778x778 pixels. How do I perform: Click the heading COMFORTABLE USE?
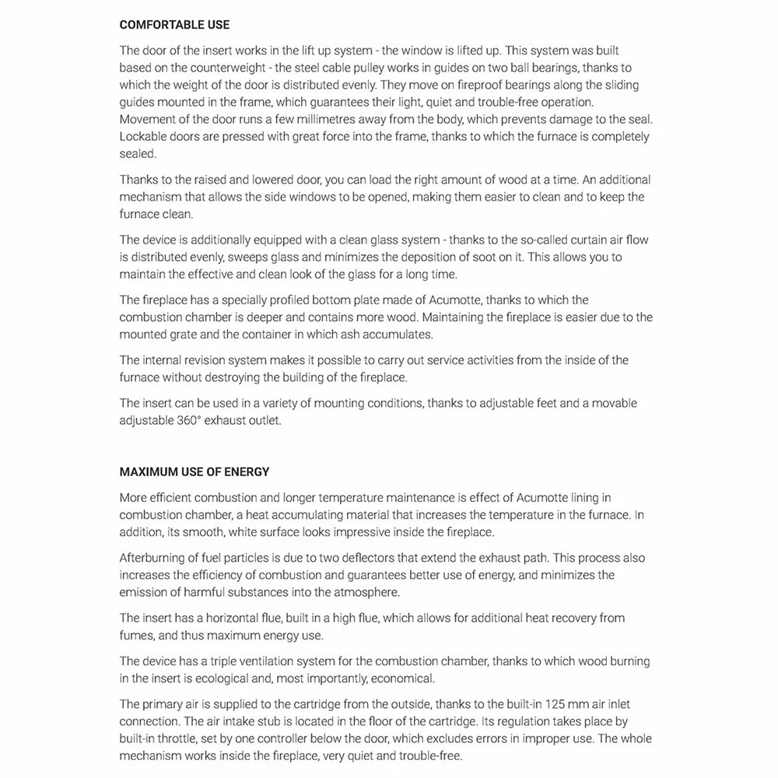(174, 25)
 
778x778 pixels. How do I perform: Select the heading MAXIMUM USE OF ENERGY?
(194, 471)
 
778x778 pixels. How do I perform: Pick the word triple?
(229, 661)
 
